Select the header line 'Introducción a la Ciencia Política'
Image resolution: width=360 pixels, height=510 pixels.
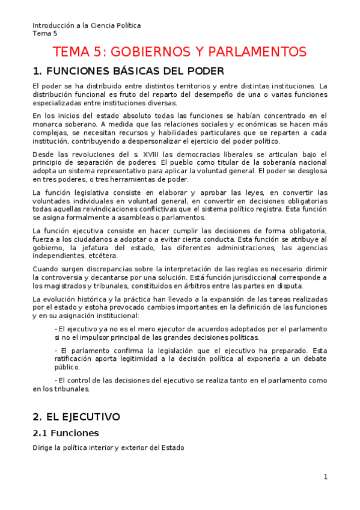tap(87, 25)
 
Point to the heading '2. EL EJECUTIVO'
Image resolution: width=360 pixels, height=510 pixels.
tap(76, 417)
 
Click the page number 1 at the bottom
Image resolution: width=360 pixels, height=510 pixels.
tap(325, 477)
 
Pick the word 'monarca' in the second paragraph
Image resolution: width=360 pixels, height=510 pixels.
tap(47, 124)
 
